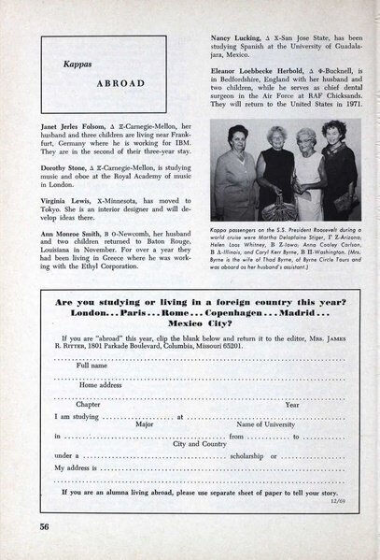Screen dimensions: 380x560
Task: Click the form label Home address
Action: pyautogui.click(x=101, y=384)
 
